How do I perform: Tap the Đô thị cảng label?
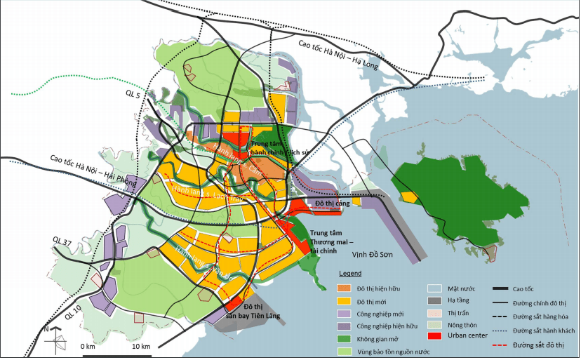coord(333,204)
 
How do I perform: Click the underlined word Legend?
coord(351,273)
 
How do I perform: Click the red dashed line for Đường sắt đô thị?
coord(499,345)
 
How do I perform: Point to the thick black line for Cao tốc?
coord(499,288)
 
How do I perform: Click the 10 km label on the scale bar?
coord(141,347)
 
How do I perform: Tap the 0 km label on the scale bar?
coord(87,347)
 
